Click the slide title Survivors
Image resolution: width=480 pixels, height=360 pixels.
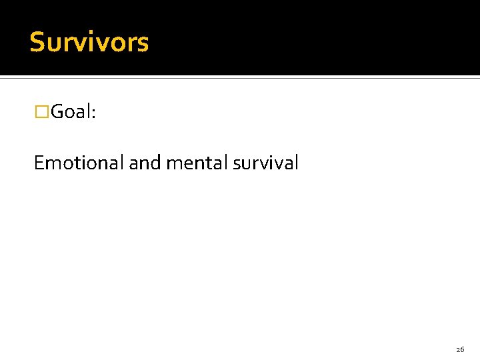89,43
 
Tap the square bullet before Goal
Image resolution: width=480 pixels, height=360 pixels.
42,112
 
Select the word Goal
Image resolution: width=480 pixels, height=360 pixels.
72,112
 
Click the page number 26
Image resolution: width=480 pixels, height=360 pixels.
460,349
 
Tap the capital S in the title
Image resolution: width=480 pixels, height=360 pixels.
37,43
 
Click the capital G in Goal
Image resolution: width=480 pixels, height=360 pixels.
58,112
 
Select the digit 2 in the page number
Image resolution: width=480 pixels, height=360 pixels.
458,349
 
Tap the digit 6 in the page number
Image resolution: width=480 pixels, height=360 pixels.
462,349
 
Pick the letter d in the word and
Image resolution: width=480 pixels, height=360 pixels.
156,163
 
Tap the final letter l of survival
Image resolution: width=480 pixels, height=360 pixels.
296,162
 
